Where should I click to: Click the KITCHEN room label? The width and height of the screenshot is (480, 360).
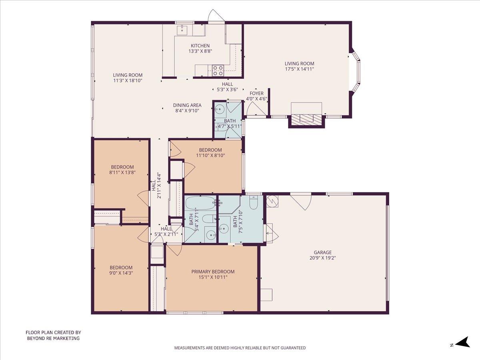coord(200,46)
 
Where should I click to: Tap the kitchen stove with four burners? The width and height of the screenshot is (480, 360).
coord(218,70)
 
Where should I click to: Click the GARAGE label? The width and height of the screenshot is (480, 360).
coord(322,252)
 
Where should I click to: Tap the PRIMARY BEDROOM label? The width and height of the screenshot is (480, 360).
coord(213,272)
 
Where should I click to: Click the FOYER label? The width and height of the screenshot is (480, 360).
coord(256,93)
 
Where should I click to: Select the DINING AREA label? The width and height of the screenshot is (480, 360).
coord(187,105)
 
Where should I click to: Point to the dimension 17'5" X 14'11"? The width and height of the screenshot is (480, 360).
coord(299,69)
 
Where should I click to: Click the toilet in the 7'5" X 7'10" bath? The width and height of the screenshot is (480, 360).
coord(254,203)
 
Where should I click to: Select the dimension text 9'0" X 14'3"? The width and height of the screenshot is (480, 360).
coord(121,273)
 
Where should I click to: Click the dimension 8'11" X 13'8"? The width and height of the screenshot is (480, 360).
coord(122,172)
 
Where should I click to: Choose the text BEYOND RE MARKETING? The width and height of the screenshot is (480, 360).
coord(53,338)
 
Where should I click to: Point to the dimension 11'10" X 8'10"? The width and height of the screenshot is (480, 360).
coord(210,155)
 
